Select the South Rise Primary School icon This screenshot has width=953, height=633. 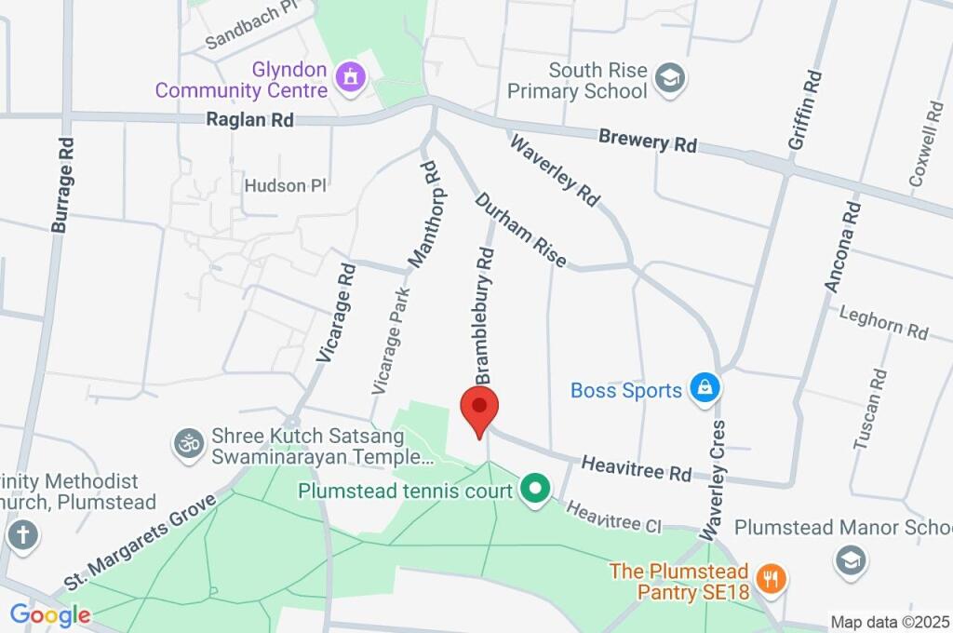[669, 79]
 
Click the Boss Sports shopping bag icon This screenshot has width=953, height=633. [705, 389]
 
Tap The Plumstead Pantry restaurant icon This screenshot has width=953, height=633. [772, 580]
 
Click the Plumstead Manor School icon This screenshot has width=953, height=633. [851, 560]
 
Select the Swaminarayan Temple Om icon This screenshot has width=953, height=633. [189, 443]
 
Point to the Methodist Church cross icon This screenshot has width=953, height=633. [22, 535]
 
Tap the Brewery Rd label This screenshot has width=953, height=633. [648, 142]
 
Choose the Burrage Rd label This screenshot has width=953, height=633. [63, 184]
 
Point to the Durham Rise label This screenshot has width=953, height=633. [521, 230]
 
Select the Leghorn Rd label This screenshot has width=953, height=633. [883, 323]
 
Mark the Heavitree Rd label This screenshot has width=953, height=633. [636, 468]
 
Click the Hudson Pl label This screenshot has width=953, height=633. [285, 185]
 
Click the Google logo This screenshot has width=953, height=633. [50, 614]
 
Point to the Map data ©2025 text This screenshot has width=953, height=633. [890, 622]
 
